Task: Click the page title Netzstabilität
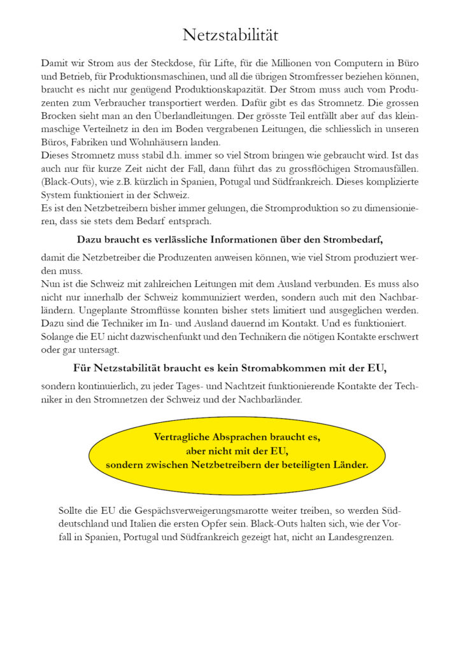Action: [x=230, y=35]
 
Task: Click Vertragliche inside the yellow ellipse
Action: [x=185, y=437]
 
